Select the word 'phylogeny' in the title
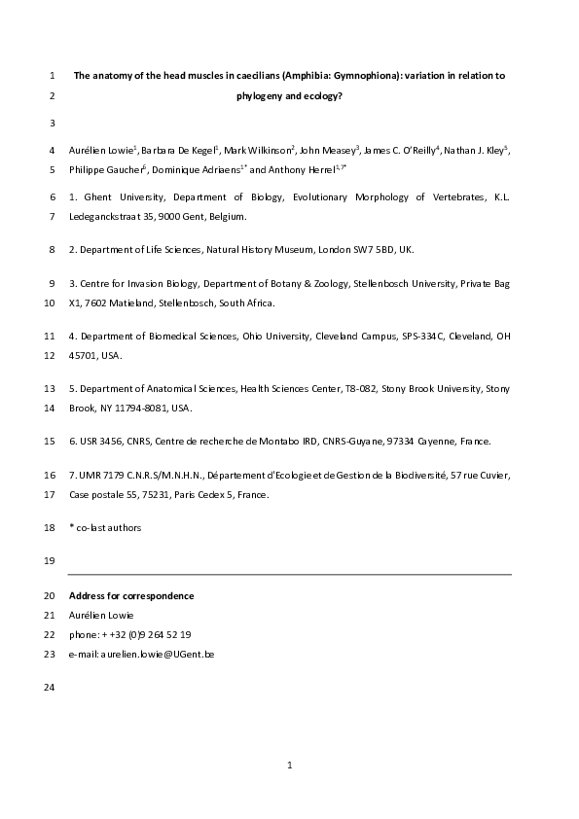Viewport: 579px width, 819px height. [x=257, y=96]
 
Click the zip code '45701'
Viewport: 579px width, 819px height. [x=84, y=355]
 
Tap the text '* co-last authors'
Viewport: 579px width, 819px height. [x=105, y=527]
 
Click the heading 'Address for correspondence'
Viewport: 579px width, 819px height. [x=131, y=595]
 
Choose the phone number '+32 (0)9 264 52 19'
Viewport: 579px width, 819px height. [x=144, y=634]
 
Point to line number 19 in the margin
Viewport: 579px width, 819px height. [x=50, y=561]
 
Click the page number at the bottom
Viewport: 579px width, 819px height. [x=289, y=765]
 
